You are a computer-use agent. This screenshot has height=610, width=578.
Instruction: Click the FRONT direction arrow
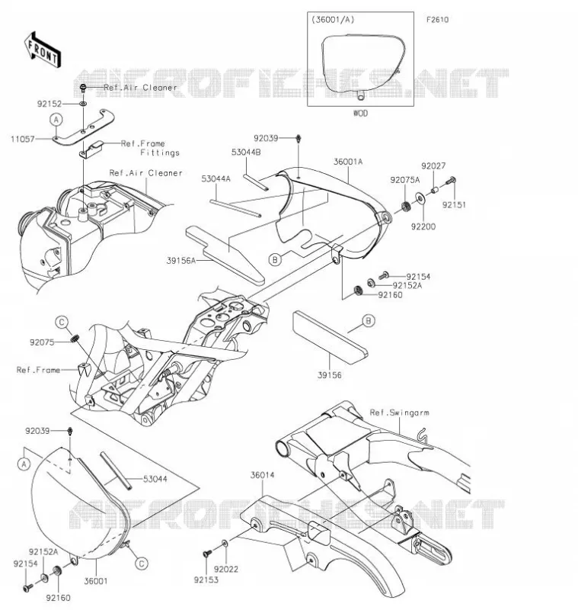(x=43, y=50)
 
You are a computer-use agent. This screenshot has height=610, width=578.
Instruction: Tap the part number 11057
(x=23, y=139)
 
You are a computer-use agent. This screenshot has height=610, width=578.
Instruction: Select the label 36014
(x=262, y=475)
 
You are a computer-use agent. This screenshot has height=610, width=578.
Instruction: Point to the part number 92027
(x=433, y=166)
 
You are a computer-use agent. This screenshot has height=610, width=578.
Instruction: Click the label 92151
(x=454, y=204)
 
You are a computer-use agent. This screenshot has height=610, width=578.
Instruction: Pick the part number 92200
(x=423, y=226)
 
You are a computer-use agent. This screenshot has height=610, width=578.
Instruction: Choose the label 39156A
(x=181, y=261)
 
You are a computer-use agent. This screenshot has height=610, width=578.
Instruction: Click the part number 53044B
(x=246, y=152)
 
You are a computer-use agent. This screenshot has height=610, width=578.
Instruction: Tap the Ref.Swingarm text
(x=399, y=413)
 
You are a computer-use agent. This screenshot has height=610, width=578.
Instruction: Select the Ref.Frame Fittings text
(x=150, y=148)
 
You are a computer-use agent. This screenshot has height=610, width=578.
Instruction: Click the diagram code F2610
(x=437, y=20)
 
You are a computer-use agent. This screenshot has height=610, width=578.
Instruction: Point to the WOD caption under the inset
(x=360, y=113)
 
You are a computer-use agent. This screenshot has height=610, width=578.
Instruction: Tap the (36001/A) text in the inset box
(x=333, y=20)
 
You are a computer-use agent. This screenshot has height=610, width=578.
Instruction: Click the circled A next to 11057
(x=56, y=120)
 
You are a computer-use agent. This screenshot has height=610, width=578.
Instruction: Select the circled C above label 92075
(x=62, y=323)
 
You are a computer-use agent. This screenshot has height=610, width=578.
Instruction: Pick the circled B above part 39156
(x=369, y=320)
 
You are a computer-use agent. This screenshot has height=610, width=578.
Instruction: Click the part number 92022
(x=226, y=570)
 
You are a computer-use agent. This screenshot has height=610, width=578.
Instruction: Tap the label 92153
(x=206, y=580)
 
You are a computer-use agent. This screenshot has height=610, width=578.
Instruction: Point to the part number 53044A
(x=216, y=178)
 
